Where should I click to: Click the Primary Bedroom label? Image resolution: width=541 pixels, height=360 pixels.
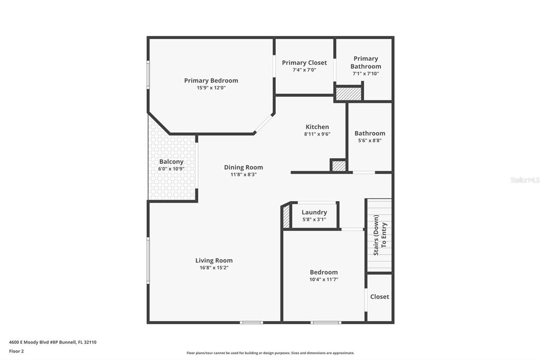(x=211, y=80)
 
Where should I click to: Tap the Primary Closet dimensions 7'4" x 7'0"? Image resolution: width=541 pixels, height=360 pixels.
(x=304, y=70)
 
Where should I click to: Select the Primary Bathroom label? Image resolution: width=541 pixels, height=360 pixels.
(x=366, y=62)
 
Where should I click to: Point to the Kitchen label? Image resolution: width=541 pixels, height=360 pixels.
(x=317, y=127)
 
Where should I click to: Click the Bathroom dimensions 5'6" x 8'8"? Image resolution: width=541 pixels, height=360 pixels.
(x=370, y=141)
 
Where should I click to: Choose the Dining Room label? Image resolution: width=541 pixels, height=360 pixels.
(x=244, y=167)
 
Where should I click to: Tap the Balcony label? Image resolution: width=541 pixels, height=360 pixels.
(x=171, y=162)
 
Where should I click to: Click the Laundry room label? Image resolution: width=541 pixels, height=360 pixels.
(x=314, y=212)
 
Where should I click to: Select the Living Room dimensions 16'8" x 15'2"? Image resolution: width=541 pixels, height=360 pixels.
(x=214, y=268)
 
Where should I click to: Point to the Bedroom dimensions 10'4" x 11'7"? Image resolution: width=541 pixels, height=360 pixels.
(x=324, y=280)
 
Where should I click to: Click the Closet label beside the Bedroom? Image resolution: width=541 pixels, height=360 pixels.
(x=379, y=297)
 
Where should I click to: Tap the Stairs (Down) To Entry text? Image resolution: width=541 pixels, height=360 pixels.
(x=380, y=235)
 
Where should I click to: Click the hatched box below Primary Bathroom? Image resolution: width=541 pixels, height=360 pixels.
(x=349, y=94)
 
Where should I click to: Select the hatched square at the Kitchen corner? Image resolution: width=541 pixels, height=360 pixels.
(x=339, y=166)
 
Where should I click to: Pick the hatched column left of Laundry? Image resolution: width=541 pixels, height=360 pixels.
(x=286, y=217)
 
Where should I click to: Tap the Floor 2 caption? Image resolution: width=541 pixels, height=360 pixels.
(x=16, y=352)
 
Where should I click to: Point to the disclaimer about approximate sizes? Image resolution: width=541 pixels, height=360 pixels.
(x=270, y=353)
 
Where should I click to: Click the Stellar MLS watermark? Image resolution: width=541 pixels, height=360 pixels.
(x=525, y=180)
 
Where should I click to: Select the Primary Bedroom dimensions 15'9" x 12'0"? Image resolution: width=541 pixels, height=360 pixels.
(x=211, y=88)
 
